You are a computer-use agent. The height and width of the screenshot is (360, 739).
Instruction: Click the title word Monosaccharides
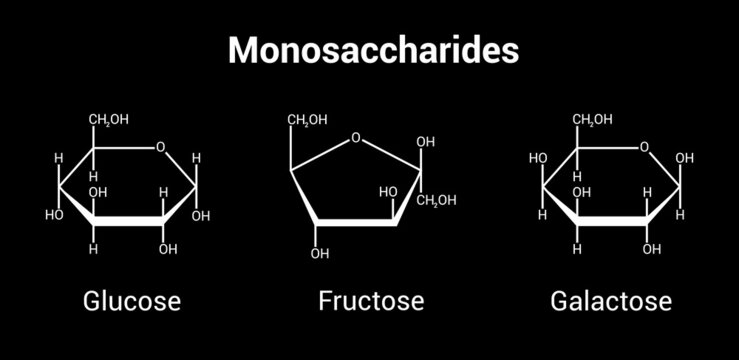[x=373, y=50]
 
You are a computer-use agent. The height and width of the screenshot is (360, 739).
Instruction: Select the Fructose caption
[x=371, y=300]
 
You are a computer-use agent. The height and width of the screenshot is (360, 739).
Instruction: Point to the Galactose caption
[x=610, y=300]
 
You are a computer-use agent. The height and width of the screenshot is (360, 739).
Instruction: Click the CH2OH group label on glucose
[x=108, y=121]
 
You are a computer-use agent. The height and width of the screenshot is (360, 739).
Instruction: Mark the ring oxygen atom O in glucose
[x=161, y=148]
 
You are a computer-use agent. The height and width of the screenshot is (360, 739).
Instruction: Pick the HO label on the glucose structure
[x=54, y=215]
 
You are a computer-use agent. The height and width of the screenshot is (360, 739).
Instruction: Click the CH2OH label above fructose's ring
[x=307, y=121]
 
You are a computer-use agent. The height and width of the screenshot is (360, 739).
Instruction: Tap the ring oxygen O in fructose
[x=356, y=139]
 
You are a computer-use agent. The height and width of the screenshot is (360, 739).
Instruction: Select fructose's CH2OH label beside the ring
[x=436, y=200]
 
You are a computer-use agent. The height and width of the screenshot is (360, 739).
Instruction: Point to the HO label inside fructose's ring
[x=388, y=192]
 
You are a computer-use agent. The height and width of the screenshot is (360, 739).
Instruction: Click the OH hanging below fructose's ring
[x=319, y=254]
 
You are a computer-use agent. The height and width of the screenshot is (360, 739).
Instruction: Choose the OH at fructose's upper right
[x=426, y=142]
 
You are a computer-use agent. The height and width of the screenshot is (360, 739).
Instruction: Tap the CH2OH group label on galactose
[x=591, y=121]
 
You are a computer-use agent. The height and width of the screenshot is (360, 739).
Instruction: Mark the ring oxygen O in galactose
[x=645, y=148]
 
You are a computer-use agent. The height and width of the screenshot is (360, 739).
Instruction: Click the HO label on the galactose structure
[x=537, y=158]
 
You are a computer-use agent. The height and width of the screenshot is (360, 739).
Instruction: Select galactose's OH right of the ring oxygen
[x=685, y=158]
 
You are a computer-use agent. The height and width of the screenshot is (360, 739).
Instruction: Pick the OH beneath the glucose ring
[x=167, y=249]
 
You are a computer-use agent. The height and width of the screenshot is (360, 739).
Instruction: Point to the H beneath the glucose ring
[x=93, y=249]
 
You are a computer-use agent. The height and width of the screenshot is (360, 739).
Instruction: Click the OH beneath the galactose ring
[x=652, y=249]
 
